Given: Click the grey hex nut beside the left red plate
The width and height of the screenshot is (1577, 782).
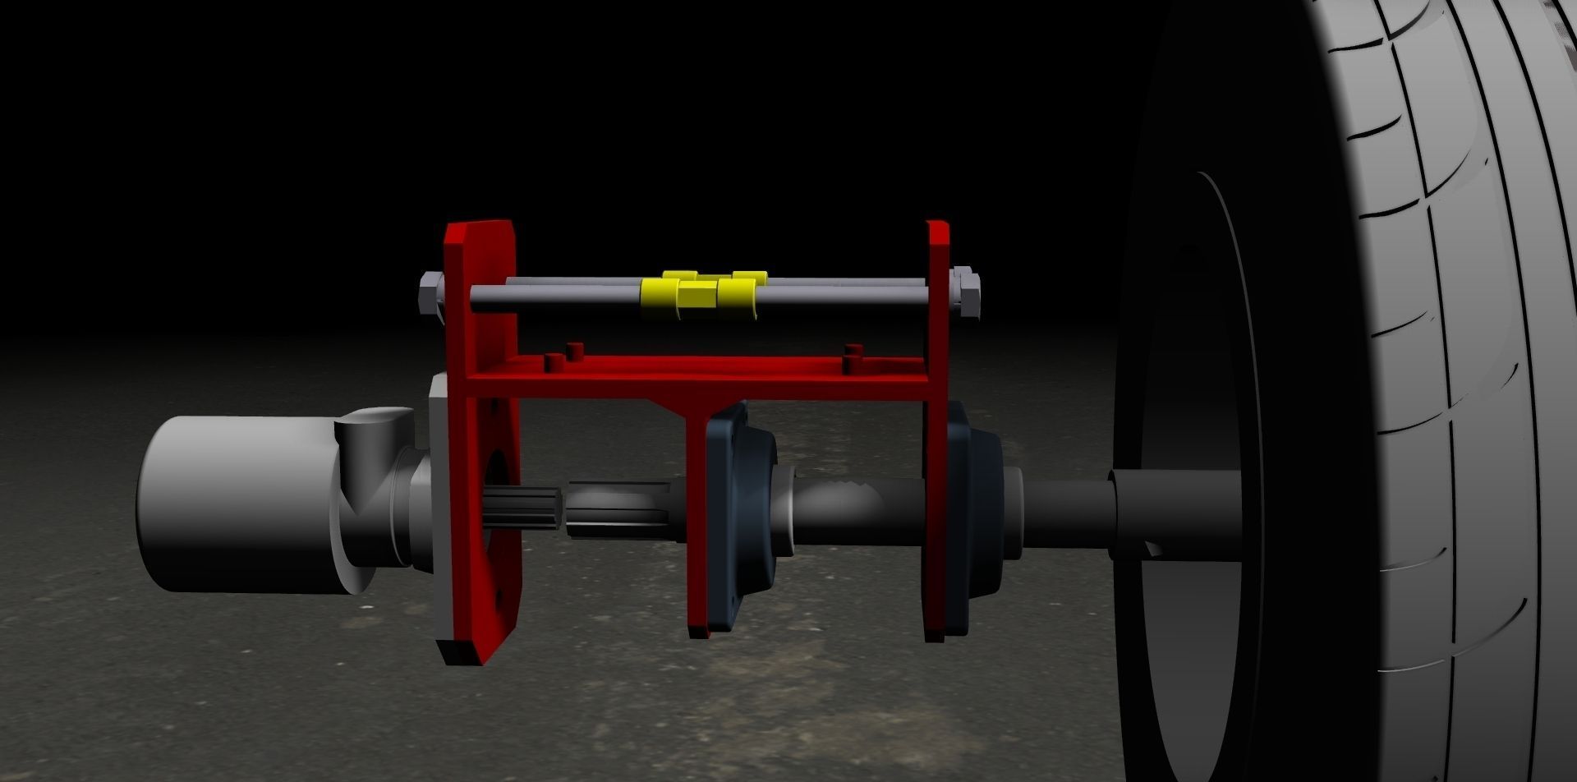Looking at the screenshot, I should [x=429, y=293].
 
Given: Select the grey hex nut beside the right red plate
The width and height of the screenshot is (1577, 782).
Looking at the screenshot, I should [x=967, y=293].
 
